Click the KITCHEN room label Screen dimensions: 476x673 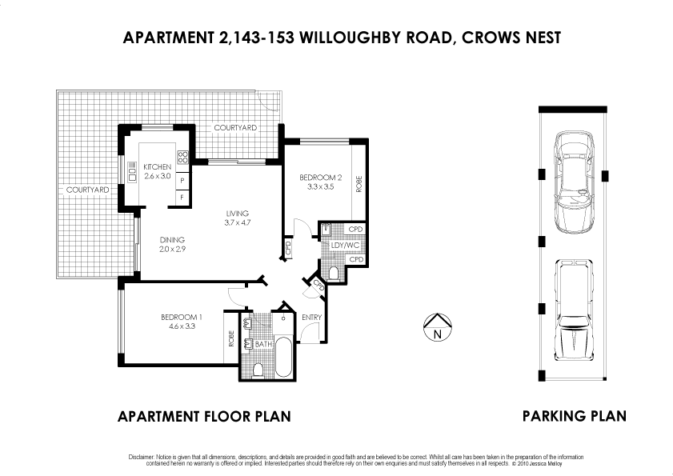point(157,166)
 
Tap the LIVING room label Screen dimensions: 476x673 point(238,213)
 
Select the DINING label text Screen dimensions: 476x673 point(172,239)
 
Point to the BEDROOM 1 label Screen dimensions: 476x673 point(182,317)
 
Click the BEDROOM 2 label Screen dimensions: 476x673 point(320,177)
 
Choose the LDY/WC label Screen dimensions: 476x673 point(343,245)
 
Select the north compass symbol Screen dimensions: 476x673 point(436,329)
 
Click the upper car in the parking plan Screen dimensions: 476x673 point(574,181)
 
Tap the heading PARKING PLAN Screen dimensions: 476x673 point(574,416)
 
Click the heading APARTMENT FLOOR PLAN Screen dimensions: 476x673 point(203,416)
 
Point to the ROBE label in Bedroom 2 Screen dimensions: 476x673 point(359,185)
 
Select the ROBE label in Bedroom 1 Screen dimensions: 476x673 point(232,338)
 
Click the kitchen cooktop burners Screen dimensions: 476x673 point(182,157)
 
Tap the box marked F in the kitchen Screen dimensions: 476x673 point(182,197)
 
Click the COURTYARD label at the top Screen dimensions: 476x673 point(235,128)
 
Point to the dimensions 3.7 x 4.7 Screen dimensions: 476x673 point(238,222)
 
